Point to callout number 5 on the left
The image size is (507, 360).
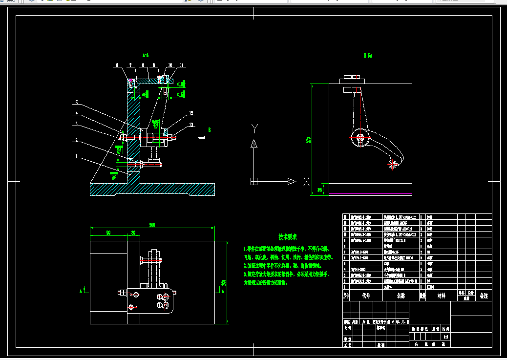click(x=76, y=103)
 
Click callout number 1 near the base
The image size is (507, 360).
click(x=76, y=157)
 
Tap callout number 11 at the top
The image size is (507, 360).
click(x=181, y=65)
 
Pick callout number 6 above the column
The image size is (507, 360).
click(x=118, y=65)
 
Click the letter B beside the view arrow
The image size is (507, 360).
click(x=209, y=130)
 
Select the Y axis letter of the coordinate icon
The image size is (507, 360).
click(x=254, y=128)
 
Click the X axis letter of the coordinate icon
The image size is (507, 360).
click(x=306, y=182)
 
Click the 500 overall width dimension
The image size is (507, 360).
click(x=152, y=225)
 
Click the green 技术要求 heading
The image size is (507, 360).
click(x=288, y=237)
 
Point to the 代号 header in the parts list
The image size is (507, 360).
click(x=366, y=296)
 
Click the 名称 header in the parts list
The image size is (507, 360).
click(x=401, y=296)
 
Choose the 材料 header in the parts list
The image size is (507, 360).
click(x=441, y=296)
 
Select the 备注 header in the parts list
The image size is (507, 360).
click(x=484, y=296)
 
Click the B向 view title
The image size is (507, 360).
click(x=368, y=56)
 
